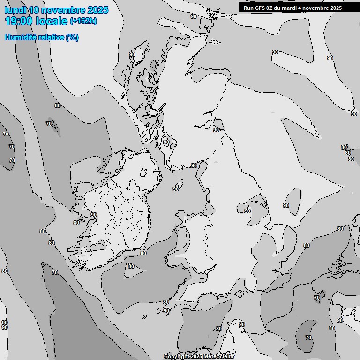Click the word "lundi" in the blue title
(15, 10)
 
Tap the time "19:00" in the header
(19, 21)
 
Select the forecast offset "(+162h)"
(83, 21)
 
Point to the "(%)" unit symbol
(72, 37)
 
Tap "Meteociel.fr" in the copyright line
(219, 357)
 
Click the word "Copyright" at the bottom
(177, 357)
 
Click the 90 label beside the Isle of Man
(176, 189)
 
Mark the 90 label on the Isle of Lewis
(132, 54)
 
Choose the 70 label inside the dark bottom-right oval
(308, 337)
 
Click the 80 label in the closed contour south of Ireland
(131, 266)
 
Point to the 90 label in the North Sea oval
(286, 205)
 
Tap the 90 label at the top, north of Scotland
(194, 16)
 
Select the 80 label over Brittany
(218, 329)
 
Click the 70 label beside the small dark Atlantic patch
(48, 124)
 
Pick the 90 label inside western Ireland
(94, 215)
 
